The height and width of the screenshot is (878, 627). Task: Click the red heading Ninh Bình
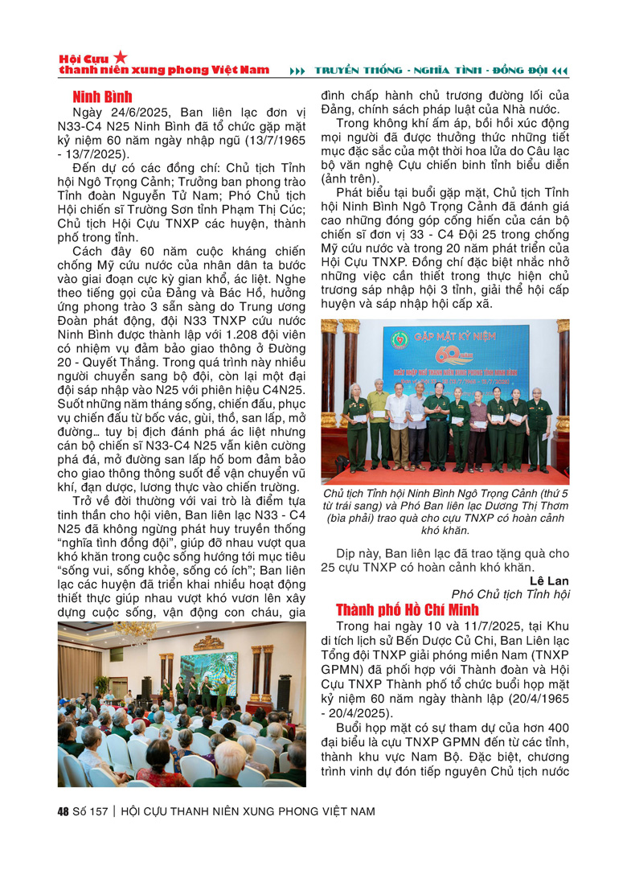pyautogui.click(x=101, y=97)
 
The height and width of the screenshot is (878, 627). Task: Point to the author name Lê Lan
pyautogui.click(x=549, y=580)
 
